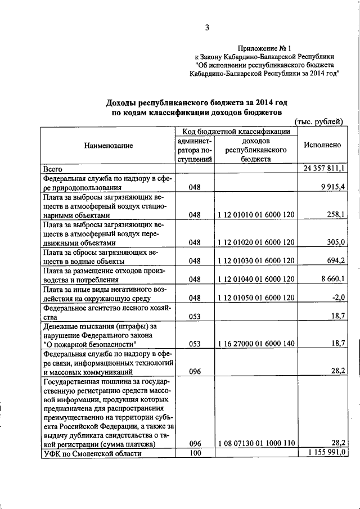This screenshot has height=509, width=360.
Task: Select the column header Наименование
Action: click(109, 145)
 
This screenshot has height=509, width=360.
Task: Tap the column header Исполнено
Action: click(322, 145)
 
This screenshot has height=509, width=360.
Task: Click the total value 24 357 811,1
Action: click(325, 168)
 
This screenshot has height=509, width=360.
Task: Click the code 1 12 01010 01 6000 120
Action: click(256, 215)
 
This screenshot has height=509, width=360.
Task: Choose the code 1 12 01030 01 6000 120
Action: click(256, 261)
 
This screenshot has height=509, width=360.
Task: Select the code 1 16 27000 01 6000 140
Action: click(256, 344)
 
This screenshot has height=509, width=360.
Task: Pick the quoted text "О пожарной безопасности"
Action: click(90, 344)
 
